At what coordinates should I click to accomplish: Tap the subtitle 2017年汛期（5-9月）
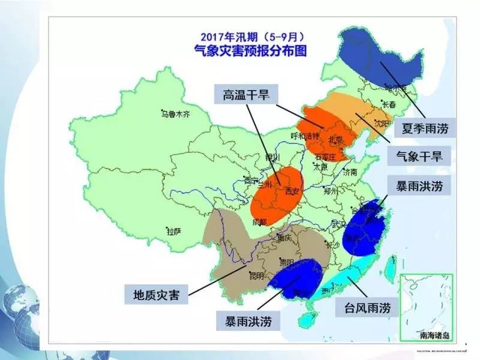[251, 35]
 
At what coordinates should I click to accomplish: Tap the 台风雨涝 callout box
[367, 308]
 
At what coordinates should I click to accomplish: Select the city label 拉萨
[174, 231]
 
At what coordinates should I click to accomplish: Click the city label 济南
[350, 172]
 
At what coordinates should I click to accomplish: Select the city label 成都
[259, 223]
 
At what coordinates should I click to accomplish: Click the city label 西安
[292, 191]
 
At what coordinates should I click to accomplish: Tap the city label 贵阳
[287, 262]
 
